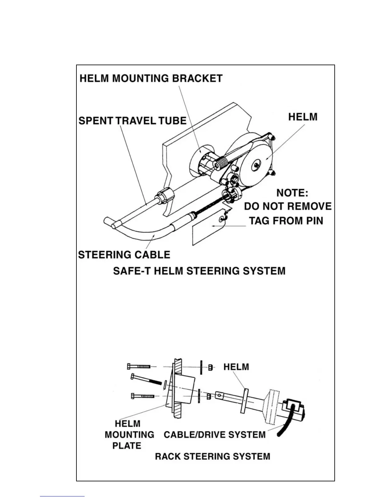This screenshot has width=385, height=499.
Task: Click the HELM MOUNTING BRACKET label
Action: [x=151, y=78]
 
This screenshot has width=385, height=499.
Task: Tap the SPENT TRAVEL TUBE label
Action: [x=132, y=121]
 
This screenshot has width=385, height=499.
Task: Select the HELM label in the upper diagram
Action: [x=303, y=117]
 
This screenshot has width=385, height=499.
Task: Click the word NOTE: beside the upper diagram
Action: [x=292, y=193]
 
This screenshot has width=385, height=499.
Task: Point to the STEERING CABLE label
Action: [x=124, y=255]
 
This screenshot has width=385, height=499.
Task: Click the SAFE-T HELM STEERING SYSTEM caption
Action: [x=199, y=271]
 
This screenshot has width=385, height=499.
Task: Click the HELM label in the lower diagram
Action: [x=236, y=367]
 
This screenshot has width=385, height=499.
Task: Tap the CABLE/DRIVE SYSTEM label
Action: [x=215, y=435]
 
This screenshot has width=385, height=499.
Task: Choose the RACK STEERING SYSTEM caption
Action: [x=212, y=456]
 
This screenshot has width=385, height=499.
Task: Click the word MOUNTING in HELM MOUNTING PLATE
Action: [x=129, y=435]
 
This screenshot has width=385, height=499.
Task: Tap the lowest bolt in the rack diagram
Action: [x=142, y=396]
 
